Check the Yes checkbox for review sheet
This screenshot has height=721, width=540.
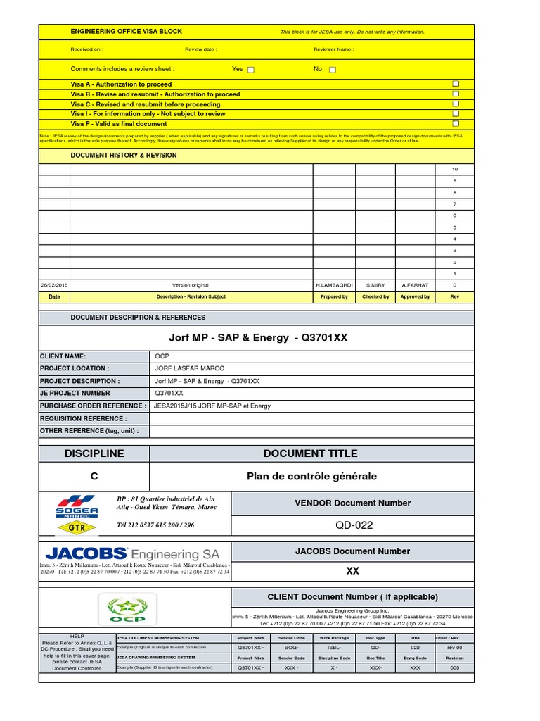click(x=251, y=70)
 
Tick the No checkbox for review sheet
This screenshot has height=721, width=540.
click(x=333, y=70)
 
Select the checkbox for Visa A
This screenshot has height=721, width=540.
click(x=456, y=84)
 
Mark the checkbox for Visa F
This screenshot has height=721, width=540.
click(x=456, y=123)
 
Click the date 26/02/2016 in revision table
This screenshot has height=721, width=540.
click(x=54, y=285)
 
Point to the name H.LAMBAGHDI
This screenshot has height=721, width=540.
click(x=334, y=285)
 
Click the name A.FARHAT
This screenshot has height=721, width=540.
click(x=415, y=285)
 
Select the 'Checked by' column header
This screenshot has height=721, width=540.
click(x=375, y=297)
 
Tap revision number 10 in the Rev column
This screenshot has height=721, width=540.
click(x=454, y=170)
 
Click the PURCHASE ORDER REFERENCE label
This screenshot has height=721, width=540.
click(x=93, y=406)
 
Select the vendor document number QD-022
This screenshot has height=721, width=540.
click(x=354, y=525)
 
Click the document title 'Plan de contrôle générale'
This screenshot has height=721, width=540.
click(x=311, y=477)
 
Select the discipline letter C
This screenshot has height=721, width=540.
click(x=94, y=477)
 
